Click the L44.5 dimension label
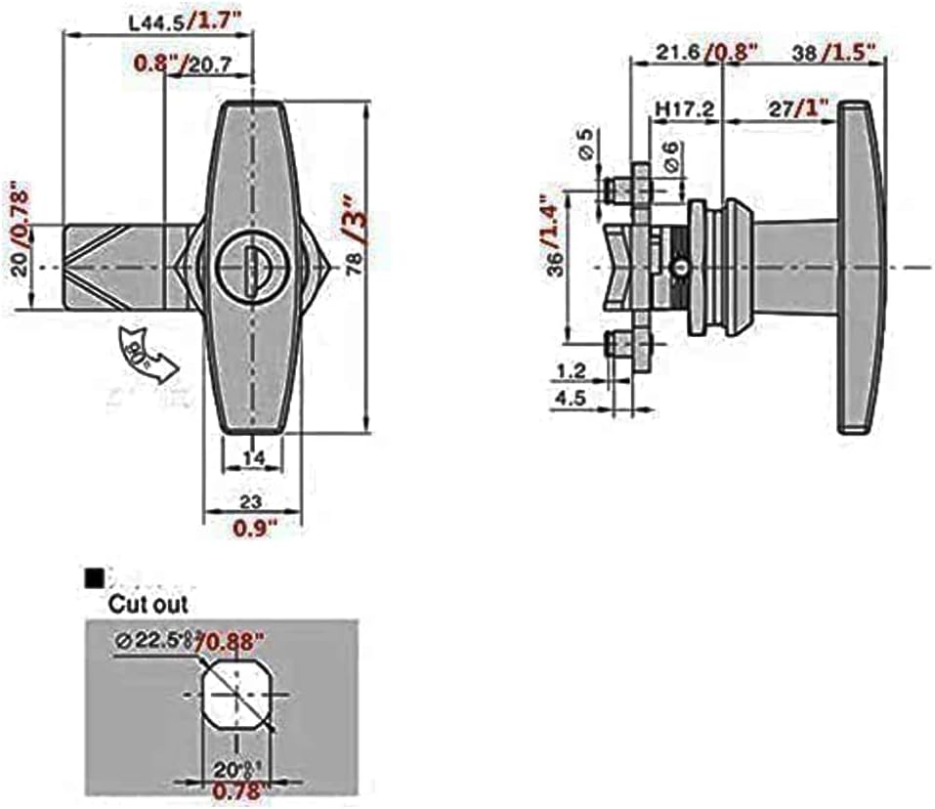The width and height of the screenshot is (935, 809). [156, 18]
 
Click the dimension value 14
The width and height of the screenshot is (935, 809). [252, 455]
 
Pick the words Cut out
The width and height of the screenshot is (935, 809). [148, 604]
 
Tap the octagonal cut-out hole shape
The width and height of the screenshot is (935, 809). [235, 697]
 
